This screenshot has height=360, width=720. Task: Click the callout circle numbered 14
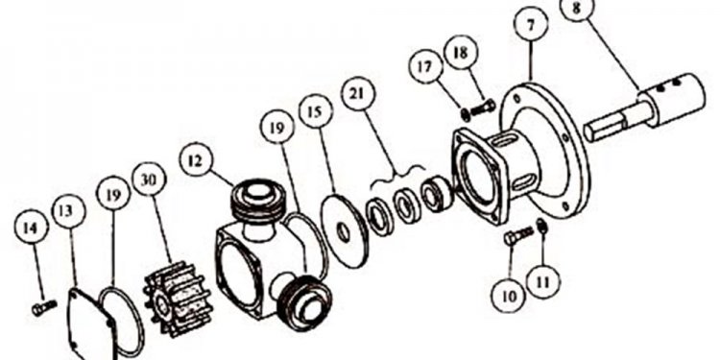pos(31,228)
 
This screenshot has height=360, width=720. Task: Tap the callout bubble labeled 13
pos(68,211)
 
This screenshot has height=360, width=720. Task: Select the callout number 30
pos(149,180)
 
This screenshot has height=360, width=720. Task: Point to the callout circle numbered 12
pos(197,160)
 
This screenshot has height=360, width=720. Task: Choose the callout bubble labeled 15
pos(316,112)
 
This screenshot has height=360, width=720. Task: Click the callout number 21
pos(358,93)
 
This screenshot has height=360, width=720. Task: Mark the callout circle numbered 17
pos(425,67)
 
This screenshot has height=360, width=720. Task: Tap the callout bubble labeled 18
pos(461,52)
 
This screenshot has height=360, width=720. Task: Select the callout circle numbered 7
pos(531,24)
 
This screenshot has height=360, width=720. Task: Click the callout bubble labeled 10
pos(509,296)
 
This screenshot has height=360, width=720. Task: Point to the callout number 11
pos(543,281)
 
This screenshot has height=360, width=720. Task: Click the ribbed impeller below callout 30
pos(171,299)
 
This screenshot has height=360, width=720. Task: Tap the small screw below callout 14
pos(43,307)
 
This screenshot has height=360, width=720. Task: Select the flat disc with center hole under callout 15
pos(346,231)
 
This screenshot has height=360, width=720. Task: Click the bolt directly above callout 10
pos(518,235)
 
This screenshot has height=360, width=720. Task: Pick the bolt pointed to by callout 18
pos(482,108)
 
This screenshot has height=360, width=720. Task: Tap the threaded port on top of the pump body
pos(257,202)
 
